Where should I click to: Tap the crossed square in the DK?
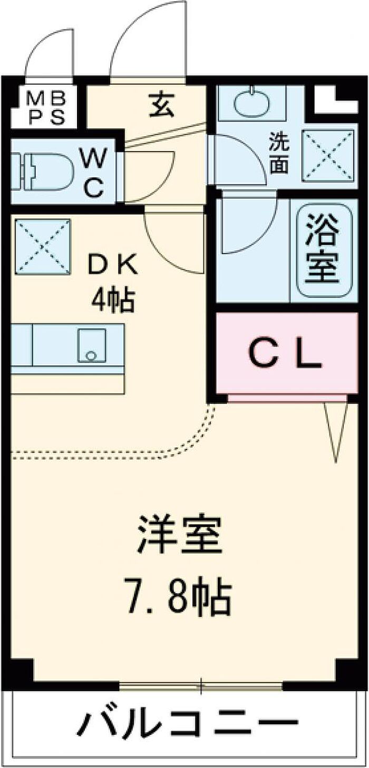coord(42,246)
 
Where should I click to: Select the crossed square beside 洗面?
coord(328,154)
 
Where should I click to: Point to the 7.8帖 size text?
coord(178,597)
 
